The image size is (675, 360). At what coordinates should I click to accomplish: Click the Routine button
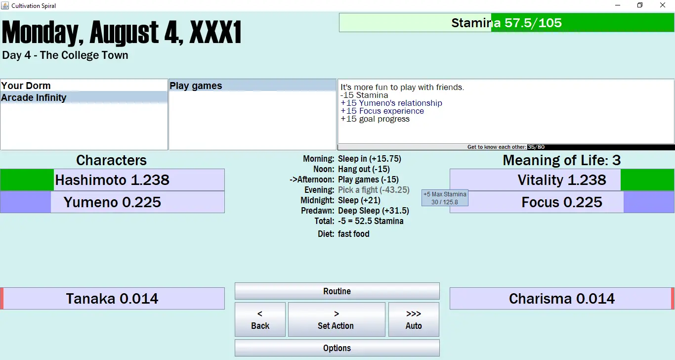click(x=337, y=291)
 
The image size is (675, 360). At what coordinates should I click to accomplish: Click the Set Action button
click(x=336, y=320)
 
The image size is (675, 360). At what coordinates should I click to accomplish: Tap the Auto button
click(x=414, y=320)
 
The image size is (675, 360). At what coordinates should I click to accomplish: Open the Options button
click(x=337, y=348)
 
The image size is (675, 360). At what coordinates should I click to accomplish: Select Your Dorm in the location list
click(x=26, y=86)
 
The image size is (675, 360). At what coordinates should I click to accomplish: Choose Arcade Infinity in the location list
click(x=34, y=97)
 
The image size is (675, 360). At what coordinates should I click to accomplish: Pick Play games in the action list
click(x=196, y=86)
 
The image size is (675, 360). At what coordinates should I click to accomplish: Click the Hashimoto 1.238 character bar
click(x=112, y=180)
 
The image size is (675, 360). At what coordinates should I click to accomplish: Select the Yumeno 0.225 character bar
click(x=112, y=202)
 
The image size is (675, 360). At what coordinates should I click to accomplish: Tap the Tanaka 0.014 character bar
click(x=112, y=299)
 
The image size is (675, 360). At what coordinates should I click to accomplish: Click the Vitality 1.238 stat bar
click(x=562, y=180)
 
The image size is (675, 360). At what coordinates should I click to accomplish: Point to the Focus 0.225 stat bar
click(x=562, y=202)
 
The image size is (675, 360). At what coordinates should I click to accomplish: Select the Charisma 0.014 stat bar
click(x=562, y=299)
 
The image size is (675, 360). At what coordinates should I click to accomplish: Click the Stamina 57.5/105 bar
click(x=506, y=23)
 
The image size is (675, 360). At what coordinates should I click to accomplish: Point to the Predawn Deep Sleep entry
click(x=374, y=211)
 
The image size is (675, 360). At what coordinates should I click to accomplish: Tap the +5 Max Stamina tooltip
click(x=444, y=198)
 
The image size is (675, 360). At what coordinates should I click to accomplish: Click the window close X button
click(x=663, y=5)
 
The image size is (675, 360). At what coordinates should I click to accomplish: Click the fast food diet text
click(x=354, y=234)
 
